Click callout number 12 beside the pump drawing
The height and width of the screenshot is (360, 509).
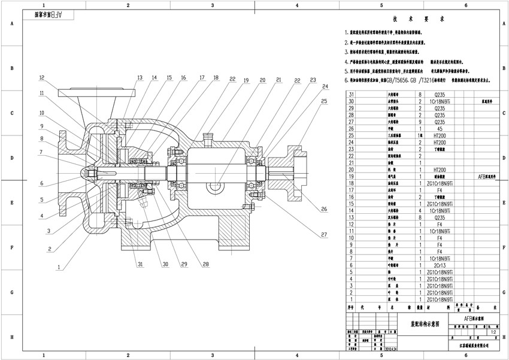pyautogui.click(x=42, y=78)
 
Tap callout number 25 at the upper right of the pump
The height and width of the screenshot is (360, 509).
pyautogui.click(x=324, y=101)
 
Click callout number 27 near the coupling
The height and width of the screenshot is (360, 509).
pyautogui.click(x=324, y=234)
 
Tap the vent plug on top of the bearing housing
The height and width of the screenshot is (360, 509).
pyautogui.click(x=208, y=138)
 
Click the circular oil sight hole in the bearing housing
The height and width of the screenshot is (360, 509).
pyautogui.click(x=214, y=187)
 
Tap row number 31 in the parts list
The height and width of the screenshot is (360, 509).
pyautogui.click(x=352, y=95)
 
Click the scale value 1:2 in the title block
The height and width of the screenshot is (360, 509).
pyautogui.click(x=493, y=331)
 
